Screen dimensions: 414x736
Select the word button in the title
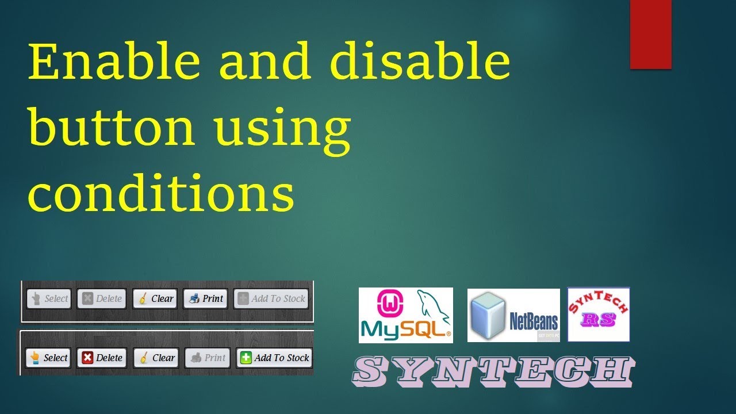(112, 128)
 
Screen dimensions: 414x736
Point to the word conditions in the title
(161, 192)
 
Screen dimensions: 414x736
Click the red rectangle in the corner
(651, 34)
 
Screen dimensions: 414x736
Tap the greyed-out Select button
(49, 298)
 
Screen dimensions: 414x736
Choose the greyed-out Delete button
(102, 298)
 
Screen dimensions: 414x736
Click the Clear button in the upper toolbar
(155, 298)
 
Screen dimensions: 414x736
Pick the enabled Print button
(205, 298)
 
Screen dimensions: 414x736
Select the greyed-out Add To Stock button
(271, 298)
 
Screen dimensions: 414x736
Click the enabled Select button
(48, 358)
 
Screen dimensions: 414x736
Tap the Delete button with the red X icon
(102, 358)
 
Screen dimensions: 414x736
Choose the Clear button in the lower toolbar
(156, 358)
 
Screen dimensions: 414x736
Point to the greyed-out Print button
(208, 358)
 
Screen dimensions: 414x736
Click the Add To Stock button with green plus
(274, 358)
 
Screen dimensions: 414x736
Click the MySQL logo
(405, 315)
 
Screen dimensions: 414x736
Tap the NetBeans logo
(513, 315)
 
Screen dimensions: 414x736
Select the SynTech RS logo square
(599, 314)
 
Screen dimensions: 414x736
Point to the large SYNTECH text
(494, 371)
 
